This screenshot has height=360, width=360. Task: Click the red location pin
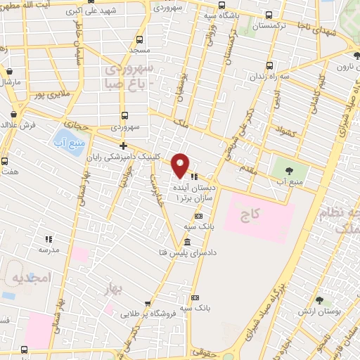(181, 165)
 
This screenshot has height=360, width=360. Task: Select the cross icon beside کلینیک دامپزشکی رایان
(124, 146)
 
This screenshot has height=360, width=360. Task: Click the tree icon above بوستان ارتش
(320, 300)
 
